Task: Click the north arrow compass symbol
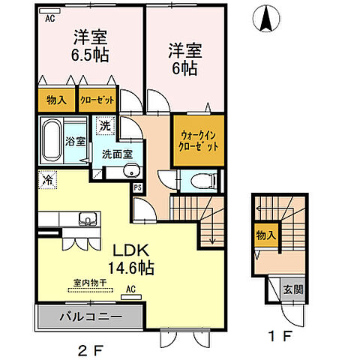click(266, 19)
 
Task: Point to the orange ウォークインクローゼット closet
click(199, 140)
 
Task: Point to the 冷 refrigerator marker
click(47, 180)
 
